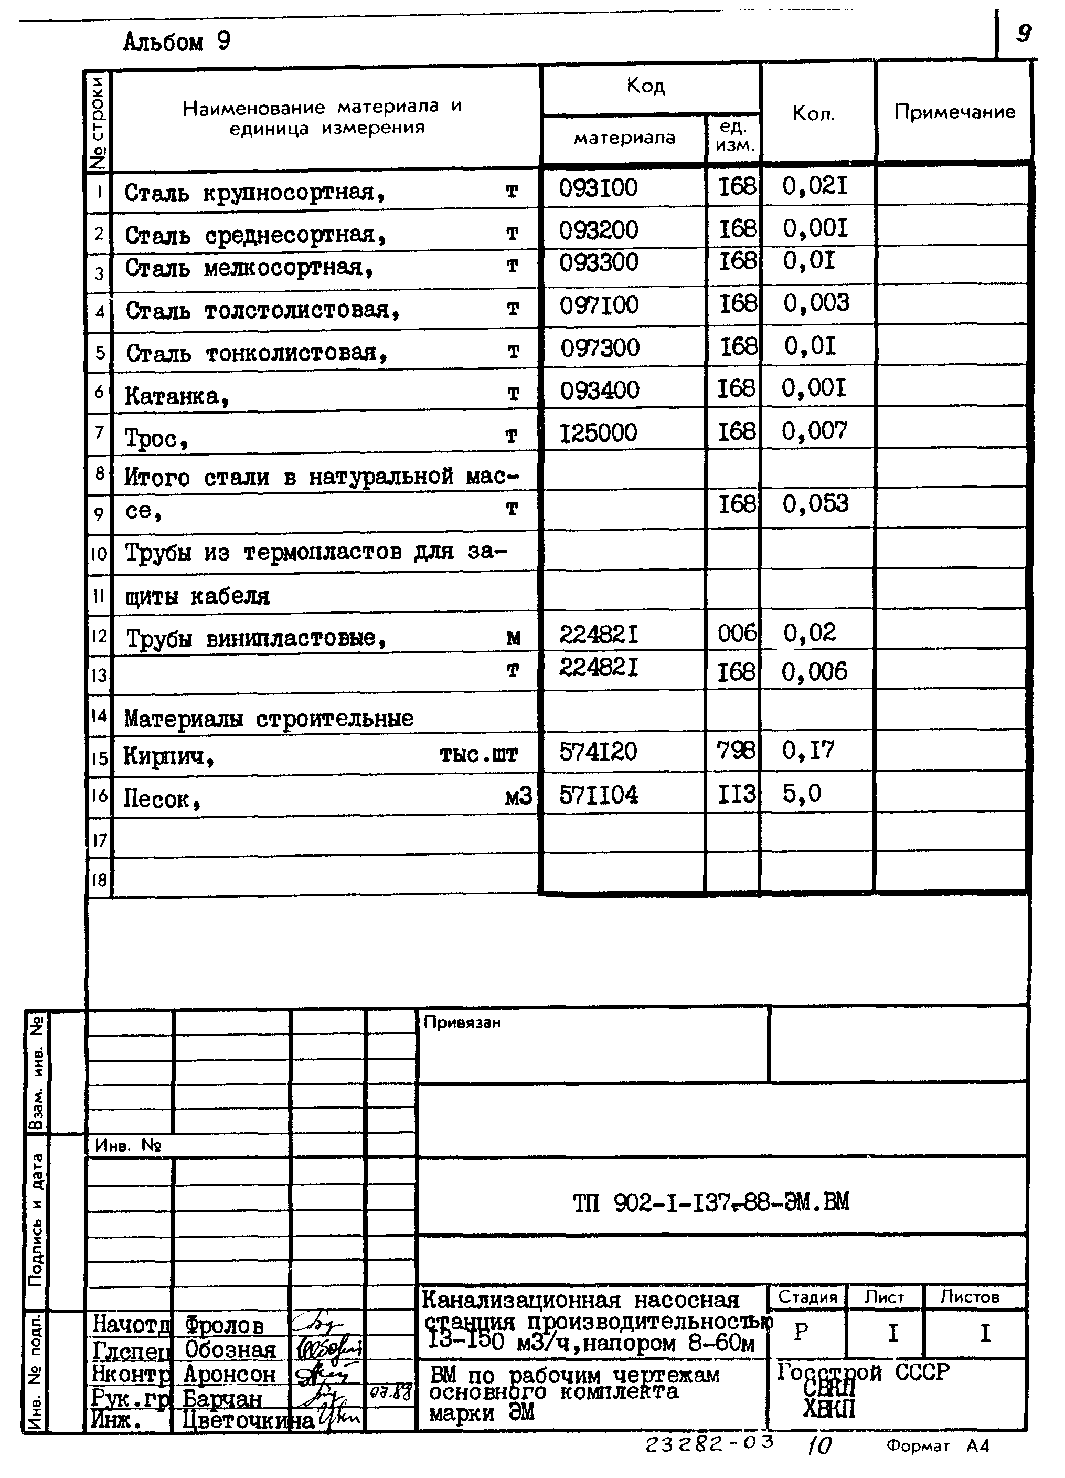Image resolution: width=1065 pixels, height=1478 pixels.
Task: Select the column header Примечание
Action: click(954, 112)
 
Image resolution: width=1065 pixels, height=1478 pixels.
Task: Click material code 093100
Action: click(598, 188)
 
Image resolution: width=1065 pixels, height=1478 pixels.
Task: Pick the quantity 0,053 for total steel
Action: click(815, 504)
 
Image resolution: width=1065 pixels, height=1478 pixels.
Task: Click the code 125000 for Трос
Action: click(598, 432)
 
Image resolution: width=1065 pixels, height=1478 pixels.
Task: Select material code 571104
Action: click(599, 795)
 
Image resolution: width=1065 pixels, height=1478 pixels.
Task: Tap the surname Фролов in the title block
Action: click(224, 1325)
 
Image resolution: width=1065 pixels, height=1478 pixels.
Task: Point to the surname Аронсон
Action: click(229, 1375)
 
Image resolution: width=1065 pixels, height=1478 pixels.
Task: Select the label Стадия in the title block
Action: click(807, 1297)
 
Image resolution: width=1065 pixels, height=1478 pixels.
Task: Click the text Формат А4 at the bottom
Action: click(938, 1446)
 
